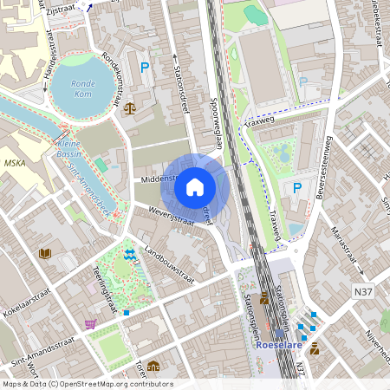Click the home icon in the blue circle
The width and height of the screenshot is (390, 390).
coord(195,186)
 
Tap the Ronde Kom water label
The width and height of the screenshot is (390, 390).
coord(83,88)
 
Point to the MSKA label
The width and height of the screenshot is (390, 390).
coord(15,162)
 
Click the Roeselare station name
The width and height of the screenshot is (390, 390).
coord(279,344)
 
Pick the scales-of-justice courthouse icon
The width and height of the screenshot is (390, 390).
coord(130,108)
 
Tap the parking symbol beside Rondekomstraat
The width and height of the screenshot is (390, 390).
coord(145,66)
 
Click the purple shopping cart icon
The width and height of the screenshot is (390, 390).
coord(90,324)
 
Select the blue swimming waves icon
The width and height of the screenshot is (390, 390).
coord(129,254)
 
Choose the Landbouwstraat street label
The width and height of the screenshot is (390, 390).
coord(170,266)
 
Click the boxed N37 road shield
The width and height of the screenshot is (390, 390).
coord(364,293)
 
